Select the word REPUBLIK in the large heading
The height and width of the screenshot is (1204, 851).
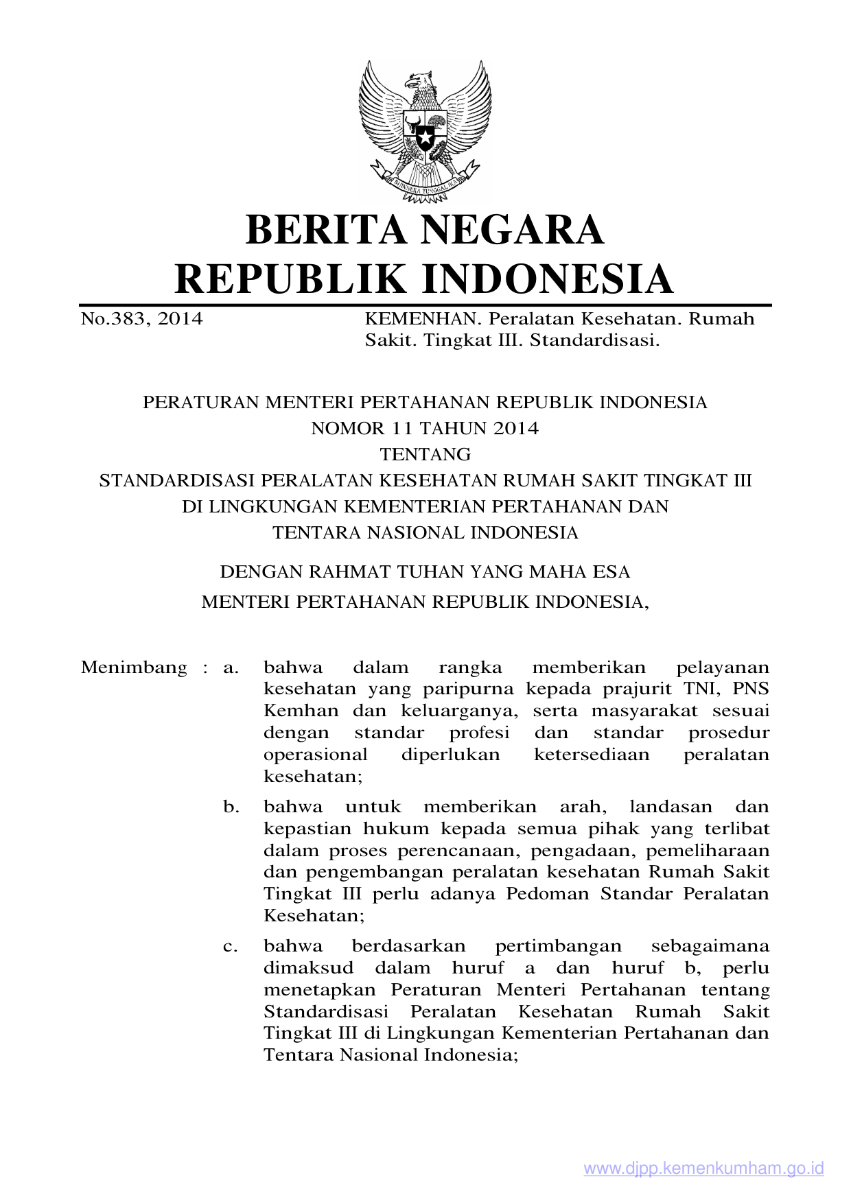(x=291, y=279)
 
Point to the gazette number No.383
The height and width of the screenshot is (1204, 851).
(x=111, y=319)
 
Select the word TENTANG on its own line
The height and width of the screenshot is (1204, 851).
(x=425, y=455)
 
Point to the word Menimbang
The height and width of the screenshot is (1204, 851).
(x=134, y=668)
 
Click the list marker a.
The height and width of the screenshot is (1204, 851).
(x=231, y=668)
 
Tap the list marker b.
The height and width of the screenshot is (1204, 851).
(x=231, y=807)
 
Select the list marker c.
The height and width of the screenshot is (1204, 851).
(x=231, y=947)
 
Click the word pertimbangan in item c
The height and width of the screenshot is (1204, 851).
(x=558, y=947)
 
